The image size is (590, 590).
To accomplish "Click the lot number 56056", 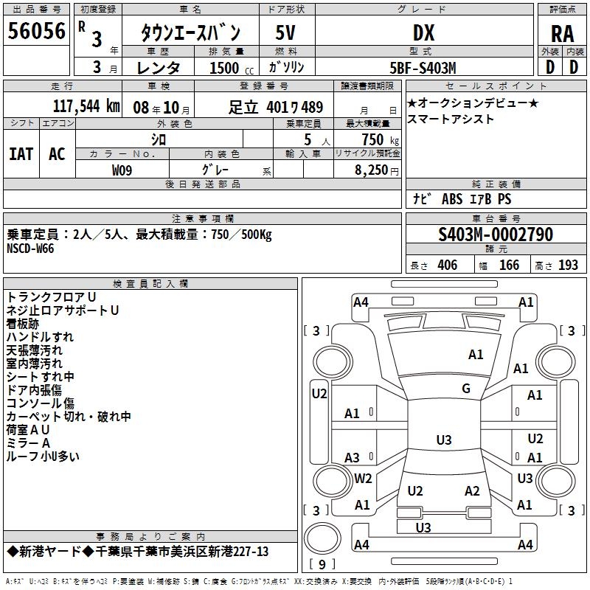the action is pos(36,31).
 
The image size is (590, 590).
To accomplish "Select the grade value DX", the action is pos(423,32).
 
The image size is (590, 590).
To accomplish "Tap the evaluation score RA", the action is pos(562,34).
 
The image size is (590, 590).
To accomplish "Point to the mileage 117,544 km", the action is pos(86,106).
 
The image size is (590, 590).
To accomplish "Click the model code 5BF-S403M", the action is pos(423,68).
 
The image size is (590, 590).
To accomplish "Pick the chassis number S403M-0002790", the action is pos(496,234).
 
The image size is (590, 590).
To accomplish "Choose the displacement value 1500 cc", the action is pos(232,68).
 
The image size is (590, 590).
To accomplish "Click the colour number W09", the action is pos(122,170).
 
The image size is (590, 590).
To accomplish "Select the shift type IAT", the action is pos(21,154).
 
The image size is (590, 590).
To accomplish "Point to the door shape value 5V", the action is pos(285,32).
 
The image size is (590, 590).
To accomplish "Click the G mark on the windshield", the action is pos(466,389).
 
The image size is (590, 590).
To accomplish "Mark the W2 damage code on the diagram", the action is pos(363,479).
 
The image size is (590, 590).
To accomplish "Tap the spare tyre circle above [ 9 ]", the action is pos(322,538).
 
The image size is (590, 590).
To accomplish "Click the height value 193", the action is pos(568,265).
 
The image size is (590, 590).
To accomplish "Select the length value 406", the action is pos(448,265).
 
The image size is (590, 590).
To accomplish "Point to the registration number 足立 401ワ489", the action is pos(275,107).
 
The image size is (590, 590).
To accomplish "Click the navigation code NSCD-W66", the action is pos(30,249).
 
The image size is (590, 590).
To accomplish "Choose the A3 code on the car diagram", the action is pos(353,458).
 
